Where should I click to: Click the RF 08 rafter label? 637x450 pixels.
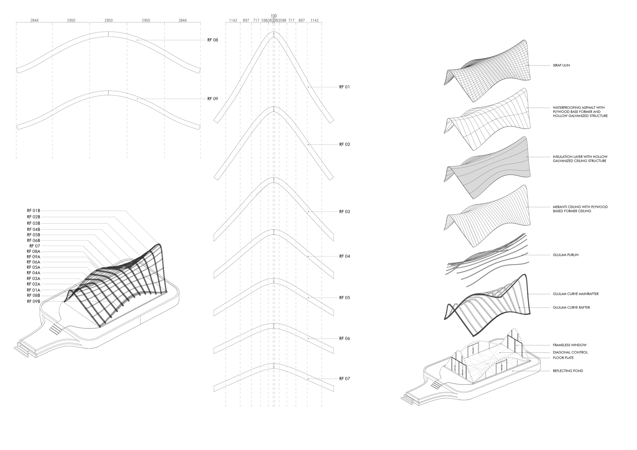[212, 40]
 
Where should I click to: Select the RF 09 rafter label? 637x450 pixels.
[212, 99]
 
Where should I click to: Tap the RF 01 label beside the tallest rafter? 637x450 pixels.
[344, 87]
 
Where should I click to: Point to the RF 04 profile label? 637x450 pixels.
[344, 256]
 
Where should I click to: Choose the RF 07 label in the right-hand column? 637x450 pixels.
[344, 379]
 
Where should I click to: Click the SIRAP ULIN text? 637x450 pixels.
[561, 65]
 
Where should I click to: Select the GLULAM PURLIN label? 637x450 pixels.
[566, 255]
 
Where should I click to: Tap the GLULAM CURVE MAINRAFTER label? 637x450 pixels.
[576, 294]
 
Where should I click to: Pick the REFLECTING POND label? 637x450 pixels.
[568, 371]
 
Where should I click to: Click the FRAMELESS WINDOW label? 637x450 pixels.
[569, 345]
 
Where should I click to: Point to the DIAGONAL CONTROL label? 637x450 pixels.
[570, 352]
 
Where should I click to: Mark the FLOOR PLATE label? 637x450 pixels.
[563, 358]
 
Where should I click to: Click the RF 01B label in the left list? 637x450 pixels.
[33, 211]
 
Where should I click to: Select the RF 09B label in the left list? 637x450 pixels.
[33, 301]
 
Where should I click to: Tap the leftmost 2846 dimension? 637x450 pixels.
[34, 20]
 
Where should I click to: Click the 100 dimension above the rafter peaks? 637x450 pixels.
[274, 16]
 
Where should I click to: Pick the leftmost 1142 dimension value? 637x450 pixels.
[233, 20]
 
